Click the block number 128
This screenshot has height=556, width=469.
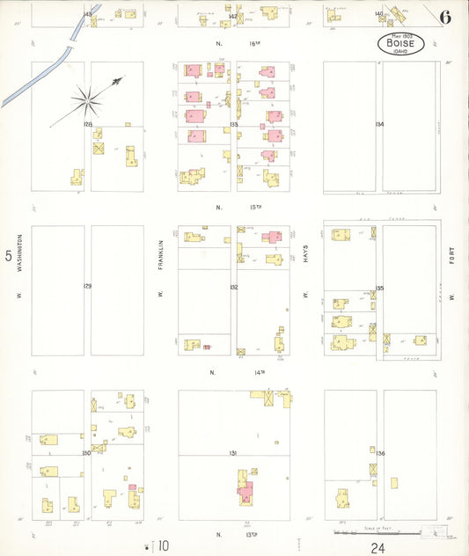[x=88, y=125]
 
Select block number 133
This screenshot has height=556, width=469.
[x=233, y=125]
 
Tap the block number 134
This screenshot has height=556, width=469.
[x=379, y=125]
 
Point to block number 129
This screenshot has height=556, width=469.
[x=88, y=287]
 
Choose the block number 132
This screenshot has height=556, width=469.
[x=233, y=287]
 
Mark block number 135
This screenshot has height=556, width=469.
[x=379, y=288]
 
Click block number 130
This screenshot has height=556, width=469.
[x=87, y=453]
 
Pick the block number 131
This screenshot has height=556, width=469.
[x=233, y=453]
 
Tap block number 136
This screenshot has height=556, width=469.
[x=380, y=453]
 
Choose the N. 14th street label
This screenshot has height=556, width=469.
[x=234, y=372]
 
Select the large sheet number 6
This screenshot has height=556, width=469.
[x=447, y=17]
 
